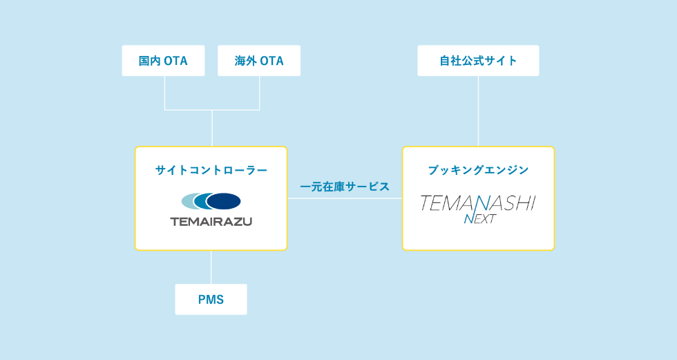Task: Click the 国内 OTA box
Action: pos(163,61)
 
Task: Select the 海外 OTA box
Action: pos(259,61)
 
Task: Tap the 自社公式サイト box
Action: pos(478,61)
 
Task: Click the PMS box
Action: pos(211,299)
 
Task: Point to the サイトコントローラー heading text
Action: pos(211,170)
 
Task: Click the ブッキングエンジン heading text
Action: pos(478,170)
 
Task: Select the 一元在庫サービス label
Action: pos(345,187)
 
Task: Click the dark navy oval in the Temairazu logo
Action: pos(224,201)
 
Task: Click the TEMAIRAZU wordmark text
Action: pos(211,222)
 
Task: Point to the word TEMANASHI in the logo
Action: pos(478,202)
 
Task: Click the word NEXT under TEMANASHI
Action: pos(479,220)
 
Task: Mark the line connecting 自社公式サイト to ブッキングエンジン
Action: pos(479,111)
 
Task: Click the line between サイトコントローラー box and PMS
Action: pos(211,267)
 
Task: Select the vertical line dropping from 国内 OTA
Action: pos(164,93)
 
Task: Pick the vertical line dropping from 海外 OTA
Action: pos(260,93)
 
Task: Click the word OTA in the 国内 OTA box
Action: pos(175,61)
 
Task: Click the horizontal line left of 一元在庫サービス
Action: pos(293,198)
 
